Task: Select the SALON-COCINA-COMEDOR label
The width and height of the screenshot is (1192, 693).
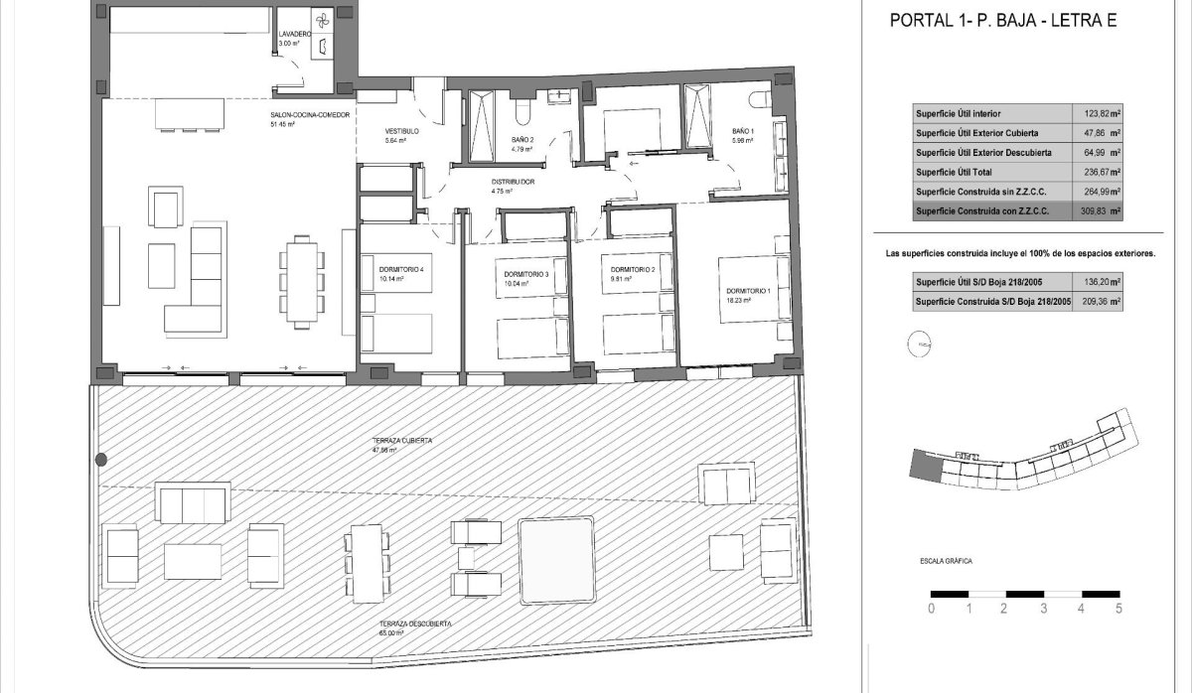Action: [x=310, y=115]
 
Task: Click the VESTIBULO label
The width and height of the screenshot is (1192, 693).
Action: [x=402, y=131]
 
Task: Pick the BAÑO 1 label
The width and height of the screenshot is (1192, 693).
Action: [x=743, y=131]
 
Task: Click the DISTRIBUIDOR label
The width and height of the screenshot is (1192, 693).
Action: [x=514, y=183]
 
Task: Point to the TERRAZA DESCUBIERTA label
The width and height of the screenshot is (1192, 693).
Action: [x=415, y=624]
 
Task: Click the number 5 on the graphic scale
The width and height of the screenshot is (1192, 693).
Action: [x=1119, y=609]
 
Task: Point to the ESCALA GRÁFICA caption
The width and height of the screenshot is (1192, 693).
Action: [x=946, y=562]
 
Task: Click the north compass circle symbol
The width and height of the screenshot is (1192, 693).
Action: [x=915, y=346]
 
